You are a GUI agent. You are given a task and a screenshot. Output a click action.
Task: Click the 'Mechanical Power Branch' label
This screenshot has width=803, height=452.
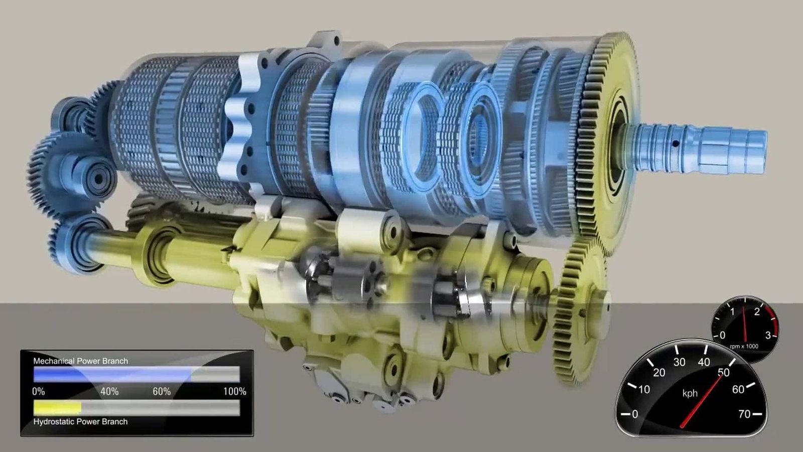81,361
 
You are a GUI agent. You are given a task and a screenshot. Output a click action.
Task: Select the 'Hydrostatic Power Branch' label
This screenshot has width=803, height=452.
80,421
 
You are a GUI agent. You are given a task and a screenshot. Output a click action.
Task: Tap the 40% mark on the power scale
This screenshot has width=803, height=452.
109,391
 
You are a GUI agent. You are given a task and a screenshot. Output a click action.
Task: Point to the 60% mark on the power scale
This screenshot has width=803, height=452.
162,391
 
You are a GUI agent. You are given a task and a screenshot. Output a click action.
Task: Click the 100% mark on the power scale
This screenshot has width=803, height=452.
235,391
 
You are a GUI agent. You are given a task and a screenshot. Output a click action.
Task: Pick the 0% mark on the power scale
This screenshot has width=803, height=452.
39,391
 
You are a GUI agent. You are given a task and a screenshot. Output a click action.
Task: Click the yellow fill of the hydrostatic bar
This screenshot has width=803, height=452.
57,408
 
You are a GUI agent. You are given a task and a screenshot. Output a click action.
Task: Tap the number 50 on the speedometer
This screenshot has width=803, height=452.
723,373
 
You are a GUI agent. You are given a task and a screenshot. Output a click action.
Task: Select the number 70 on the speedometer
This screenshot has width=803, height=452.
744,414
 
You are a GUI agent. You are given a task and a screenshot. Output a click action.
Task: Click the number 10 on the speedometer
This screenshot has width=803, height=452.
644,389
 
